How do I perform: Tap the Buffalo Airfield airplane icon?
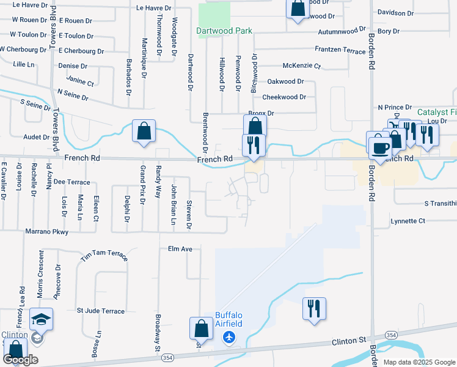coord(229,337)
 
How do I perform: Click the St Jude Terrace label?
coord(100,311)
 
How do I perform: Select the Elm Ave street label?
coord(180,249)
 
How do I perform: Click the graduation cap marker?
coord(41,319)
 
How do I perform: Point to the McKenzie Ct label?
coord(301,65)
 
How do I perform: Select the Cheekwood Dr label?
coord(283,97)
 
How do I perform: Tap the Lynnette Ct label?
coord(407,221)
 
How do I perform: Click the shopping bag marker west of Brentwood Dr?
coord(144,131)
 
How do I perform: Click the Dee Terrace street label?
coord(71,182)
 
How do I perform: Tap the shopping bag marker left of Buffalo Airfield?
coord(201,328)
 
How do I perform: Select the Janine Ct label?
coord(80,81)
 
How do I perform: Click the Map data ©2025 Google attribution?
coord(419,362)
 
